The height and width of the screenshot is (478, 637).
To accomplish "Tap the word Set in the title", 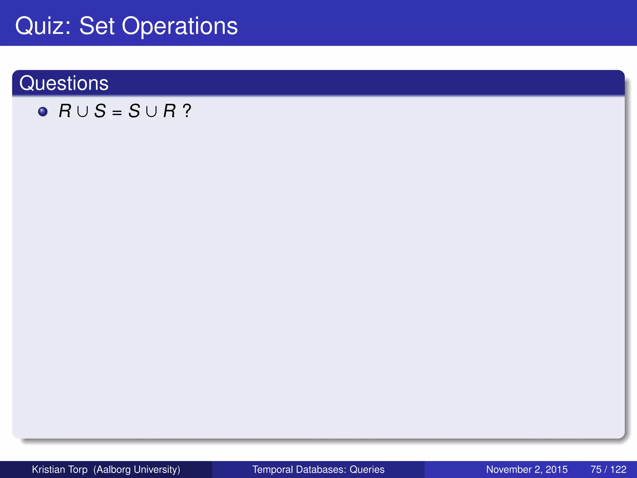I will pos(97,26).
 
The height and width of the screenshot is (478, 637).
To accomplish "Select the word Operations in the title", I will pos(179,26).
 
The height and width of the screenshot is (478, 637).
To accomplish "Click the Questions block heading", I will pos(64,83).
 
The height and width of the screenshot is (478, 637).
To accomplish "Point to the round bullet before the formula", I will pos(43,111).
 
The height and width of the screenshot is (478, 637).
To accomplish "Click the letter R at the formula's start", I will pos(65,111).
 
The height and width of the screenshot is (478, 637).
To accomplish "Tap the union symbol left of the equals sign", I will pos(82,112).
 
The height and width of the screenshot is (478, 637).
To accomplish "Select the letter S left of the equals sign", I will pos(100,111).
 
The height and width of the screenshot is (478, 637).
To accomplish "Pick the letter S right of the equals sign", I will pos(134,111).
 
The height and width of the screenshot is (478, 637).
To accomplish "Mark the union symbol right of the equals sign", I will pos(151,112).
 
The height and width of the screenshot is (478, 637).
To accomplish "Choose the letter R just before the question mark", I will pos(170,111).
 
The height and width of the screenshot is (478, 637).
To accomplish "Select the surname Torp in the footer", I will pos(78,469).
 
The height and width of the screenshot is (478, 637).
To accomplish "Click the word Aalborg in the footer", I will pos(112,469).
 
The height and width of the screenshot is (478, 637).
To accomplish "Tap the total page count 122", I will pos(618,469).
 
